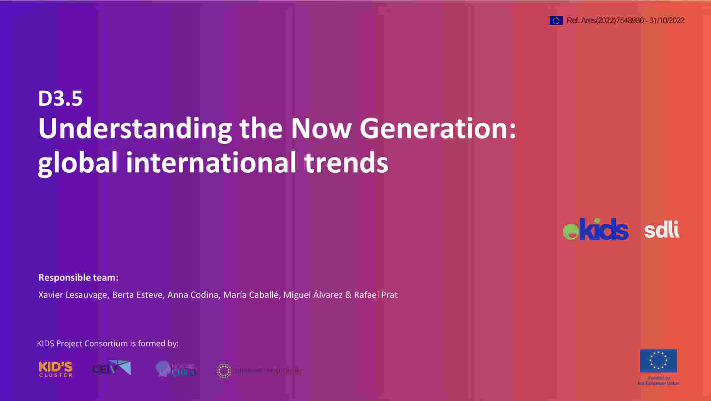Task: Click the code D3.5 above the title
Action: pos(60,99)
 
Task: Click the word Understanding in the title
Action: pos(135,128)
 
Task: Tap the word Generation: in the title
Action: pos(438,128)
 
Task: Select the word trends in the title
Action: pos(346,162)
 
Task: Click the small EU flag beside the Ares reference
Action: pos(556,20)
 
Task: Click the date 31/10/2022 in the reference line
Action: pos(667,20)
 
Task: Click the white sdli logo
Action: pos(661,230)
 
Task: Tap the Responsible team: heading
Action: pos(78,278)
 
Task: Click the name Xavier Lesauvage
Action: pos(73,295)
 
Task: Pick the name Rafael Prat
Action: pos(376,295)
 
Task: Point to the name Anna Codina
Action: pos(193,295)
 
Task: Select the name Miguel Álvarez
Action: pos(313,295)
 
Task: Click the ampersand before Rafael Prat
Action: pos(348,295)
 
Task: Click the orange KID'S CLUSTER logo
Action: pos(55,369)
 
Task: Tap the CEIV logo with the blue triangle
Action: pos(111,368)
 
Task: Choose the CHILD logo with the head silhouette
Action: pos(176,369)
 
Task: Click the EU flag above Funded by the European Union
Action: pos(658,360)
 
